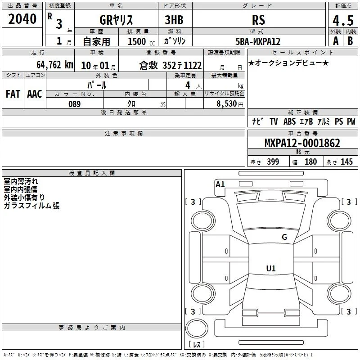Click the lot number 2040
click(x=22, y=19)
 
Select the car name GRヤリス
click(x=116, y=20)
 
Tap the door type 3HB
click(x=174, y=20)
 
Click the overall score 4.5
click(x=343, y=20)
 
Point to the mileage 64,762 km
click(x=55, y=65)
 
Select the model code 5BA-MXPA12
click(x=258, y=41)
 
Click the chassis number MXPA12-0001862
click(x=302, y=143)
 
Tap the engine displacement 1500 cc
click(x=141, y=41)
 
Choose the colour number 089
click(x=75, y=104)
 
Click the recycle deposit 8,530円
click(x=230, y=104)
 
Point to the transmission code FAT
click(x=13, y=94)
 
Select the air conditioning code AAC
click(x=35, y=94)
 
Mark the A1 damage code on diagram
click(x=220, y=184)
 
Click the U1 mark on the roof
click(x=271, y=268)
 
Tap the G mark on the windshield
click(x=284, y=237)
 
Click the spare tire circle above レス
click(x=197, y=328)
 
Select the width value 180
click(x=310, y=162)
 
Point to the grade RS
click(x=258, y=20)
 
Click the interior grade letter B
click(x=350, y=41)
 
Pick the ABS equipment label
click(x=289, y=121)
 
